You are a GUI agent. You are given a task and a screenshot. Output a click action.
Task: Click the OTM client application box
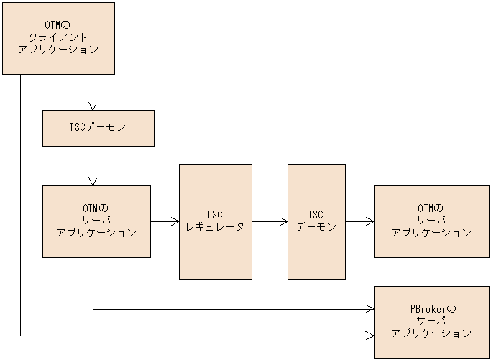[58, 38]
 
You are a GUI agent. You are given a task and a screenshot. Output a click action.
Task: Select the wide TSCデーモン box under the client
[98, 128]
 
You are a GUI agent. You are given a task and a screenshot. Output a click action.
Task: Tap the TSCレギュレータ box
[216, 221]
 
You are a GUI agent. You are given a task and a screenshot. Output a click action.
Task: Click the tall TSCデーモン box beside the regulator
[316, 221]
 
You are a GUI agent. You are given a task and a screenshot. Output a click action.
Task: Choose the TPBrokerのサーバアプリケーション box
[431, 321]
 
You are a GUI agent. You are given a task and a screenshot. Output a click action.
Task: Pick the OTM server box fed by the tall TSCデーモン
[431, 221]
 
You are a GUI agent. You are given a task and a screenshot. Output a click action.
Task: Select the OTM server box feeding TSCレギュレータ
[96, 221]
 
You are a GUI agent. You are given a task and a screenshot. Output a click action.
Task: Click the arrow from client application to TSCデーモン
[93, 92]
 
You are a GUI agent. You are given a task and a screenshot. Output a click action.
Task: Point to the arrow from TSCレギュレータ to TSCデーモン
[270, 222]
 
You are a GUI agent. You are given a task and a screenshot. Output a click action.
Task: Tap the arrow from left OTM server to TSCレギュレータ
[165, 222]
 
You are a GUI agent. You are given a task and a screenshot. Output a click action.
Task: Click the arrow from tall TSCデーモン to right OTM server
[359, 222]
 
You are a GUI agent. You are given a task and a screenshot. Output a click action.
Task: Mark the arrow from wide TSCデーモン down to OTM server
[93, 165]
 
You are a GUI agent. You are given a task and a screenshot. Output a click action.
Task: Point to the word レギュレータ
[216, 227]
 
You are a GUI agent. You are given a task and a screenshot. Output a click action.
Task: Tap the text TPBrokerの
[431, 309]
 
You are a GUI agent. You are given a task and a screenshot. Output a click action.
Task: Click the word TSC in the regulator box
[215, 215]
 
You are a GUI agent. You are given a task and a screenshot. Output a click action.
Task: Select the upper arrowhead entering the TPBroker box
[370, 310]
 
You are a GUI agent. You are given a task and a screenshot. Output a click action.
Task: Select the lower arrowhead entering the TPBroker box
[370, 336]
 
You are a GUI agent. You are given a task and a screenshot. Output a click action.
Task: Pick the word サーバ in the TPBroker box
[431, 321]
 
